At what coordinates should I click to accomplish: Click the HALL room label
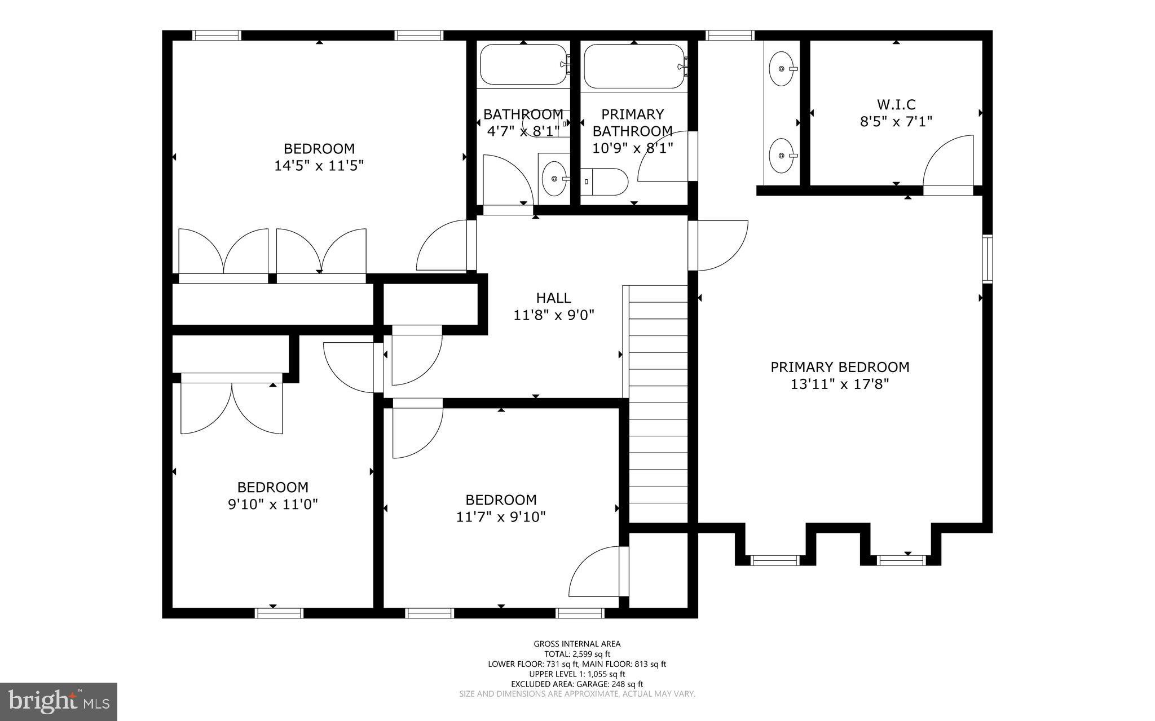553,298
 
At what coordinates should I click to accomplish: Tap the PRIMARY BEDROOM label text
840,367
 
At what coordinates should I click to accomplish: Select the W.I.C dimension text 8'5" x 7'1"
896,121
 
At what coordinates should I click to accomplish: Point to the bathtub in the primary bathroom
634,66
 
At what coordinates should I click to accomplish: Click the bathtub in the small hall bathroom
523,64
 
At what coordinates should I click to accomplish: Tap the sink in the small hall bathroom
555,178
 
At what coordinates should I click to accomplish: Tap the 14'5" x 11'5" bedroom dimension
319,166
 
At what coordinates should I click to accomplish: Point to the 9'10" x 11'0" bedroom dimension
272,504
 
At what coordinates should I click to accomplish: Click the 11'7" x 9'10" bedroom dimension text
501,516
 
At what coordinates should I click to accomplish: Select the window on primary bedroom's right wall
987,259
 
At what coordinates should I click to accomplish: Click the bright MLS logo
58,701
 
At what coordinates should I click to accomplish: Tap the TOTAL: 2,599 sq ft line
577,654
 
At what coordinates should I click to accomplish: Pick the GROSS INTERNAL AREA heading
577,644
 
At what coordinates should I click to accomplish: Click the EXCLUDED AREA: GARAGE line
577,684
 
